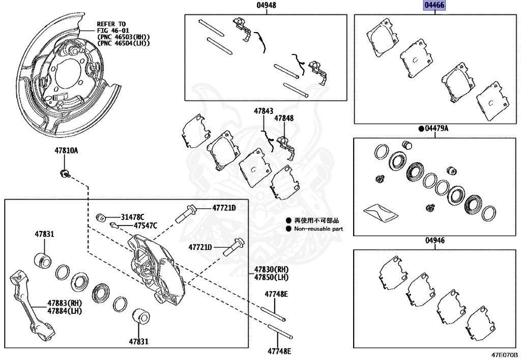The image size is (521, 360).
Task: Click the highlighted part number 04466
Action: click(x=435, y=6)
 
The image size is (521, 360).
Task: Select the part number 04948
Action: click(x=266, y=6)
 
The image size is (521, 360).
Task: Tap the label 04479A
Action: click(x=437, y=129)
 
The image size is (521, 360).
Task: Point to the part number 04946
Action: click(x=435, y=240)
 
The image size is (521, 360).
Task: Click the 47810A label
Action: click(x=67, y=151)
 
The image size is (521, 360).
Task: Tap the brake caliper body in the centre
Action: click(x=156, y=265)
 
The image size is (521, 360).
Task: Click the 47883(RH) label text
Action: click(x=65, y=302)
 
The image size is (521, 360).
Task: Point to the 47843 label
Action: click(x=264, y=110)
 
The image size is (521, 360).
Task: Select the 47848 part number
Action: click(x=284, y=118)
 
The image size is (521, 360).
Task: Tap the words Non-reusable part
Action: click(x=319, y=229)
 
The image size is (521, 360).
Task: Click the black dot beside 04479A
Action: click(x=421, y=129)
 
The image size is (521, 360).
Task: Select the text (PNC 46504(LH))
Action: click(x=124, y=43)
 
